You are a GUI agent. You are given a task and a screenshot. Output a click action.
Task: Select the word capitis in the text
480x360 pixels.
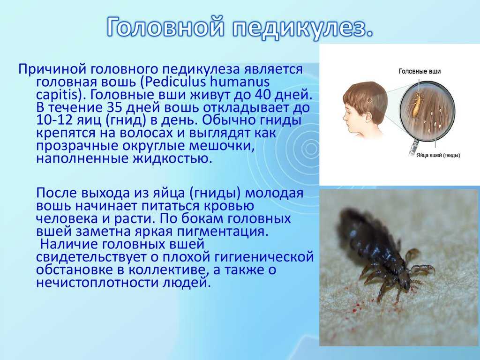tap(57, 95)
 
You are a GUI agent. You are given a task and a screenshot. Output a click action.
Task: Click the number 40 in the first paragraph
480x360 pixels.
tap(263, 95)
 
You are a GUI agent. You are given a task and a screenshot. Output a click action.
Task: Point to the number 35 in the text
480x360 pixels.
tap(115, 107)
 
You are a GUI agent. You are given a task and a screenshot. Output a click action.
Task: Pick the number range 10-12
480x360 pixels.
tap(53, 120)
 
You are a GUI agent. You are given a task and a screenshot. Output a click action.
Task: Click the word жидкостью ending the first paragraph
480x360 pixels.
tap(168, 159)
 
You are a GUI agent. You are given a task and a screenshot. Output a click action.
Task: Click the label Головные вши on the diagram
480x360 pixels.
tap(420, 71)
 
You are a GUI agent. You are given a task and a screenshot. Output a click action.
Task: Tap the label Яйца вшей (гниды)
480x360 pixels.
tap(438, 156)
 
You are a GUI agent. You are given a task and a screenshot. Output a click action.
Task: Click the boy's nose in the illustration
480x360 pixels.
tap(344, 116)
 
